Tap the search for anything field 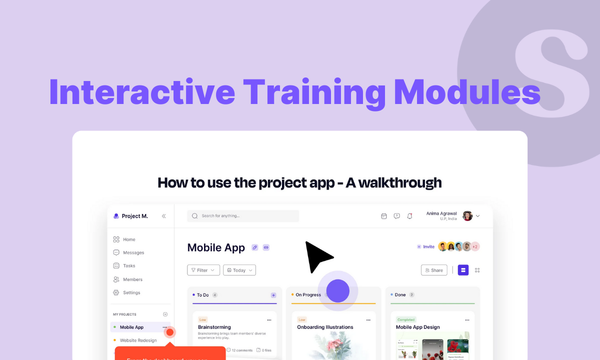pos(243,216)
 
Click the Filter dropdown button pos(203,270)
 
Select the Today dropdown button pos(239,270)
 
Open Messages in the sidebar pos(133,252)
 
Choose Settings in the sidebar pos(131,292)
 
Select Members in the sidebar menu pos(132,279)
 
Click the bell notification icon pos(409,216)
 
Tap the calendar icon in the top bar pos(384,216)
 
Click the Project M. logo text pos(134,216)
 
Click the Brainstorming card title pos(214,327)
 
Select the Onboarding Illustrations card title pos(325,327)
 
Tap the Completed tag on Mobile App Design pos(405,319)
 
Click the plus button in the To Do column pos(273,295)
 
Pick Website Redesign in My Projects pos(138,340)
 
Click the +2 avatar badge pos(475,246)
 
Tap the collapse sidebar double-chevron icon pos(163,216)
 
